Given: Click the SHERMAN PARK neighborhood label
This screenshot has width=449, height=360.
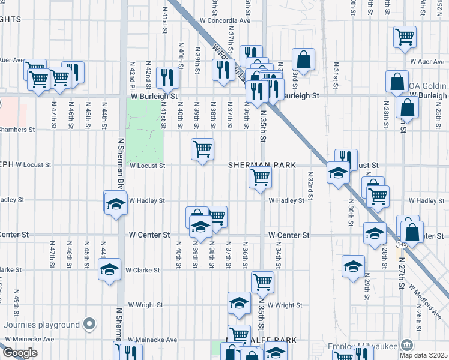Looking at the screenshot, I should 262,164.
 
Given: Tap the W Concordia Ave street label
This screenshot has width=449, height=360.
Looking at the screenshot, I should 225,20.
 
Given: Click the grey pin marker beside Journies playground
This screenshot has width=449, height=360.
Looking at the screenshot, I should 90,325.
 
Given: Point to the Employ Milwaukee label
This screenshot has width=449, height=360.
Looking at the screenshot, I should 362,346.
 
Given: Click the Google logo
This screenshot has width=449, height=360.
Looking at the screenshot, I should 21,352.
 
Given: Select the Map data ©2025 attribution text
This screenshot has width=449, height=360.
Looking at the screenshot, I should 424,355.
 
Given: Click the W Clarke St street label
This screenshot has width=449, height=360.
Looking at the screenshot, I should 142,270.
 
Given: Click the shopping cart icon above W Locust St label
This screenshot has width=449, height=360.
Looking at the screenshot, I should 203,148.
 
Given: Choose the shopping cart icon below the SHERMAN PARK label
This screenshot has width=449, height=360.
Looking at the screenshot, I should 261,177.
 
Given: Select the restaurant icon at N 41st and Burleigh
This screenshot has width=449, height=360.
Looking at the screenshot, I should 167,77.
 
